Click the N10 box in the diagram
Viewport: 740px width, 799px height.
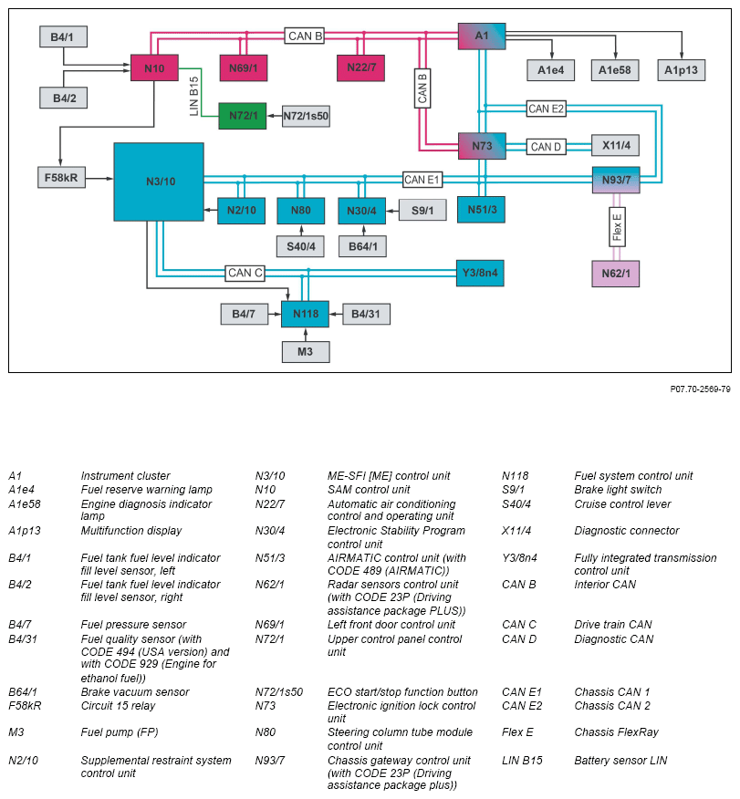pyautogui.click(x=154, y=67)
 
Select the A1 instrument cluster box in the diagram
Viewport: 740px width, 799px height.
pyautogui.click(x=482, y=36)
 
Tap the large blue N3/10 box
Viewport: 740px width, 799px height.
pyautogui.click(x=159, y=182)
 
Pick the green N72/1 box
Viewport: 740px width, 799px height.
pyautogui.click(x=242, y=116)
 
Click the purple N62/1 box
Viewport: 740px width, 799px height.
pyautogui.click(x=616, y=273)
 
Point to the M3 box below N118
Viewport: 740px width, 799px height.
pyautogui.click(x=305, y=351)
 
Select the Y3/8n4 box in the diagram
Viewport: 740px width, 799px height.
pyautogui.click(x=481, y=273)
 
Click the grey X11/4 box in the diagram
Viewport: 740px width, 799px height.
pyautogui.click(x=616, y=146)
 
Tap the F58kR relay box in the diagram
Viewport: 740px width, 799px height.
pyautogui.click(x=62, y=177)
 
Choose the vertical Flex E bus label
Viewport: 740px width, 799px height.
pyautogui.click(x=617, y=227)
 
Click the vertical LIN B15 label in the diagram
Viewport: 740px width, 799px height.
pyautogui.click(x=193, y=94)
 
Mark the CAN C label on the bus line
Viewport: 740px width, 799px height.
pyautogui.click(x=245, y=272)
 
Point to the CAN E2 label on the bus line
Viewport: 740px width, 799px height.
pyautogui.click(x=547, y=109)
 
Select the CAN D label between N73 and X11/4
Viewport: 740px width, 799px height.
pyautogui.click(x=547, y=146)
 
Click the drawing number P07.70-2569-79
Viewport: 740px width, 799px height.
pyautogui.click(x=699, y=389)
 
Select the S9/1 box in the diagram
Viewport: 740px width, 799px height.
pyautogui.click(x=422, y=210)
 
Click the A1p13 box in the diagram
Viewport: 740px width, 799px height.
pyautogui.click(x=681, y=70)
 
